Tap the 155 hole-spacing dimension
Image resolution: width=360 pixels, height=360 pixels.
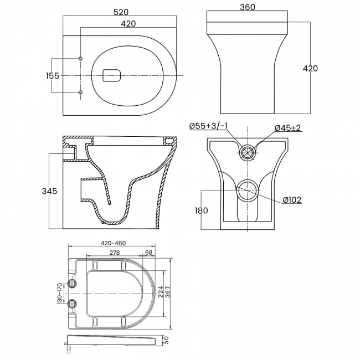[x=53, y=75]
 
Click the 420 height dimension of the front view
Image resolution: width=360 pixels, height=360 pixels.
[x=310, y=68]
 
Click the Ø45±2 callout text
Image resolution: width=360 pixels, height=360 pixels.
[x=288, y=128]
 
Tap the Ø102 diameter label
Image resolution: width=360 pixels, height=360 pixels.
[x=291, y=200]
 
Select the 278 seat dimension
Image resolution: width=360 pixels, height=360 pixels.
[x=115, y=253]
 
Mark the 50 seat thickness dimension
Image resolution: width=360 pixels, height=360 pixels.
[x=165, y=340]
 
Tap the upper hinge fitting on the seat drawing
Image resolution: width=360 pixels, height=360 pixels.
[x=71, y=283]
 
